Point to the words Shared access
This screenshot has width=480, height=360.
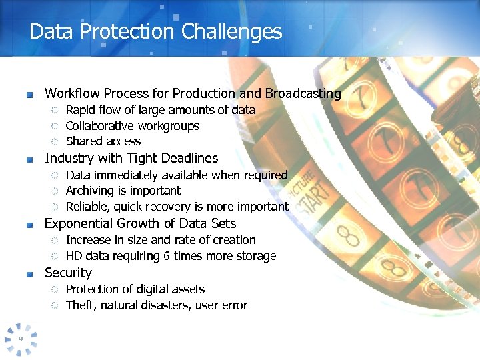tap(103, 141)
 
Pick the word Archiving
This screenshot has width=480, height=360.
tap(90, 191)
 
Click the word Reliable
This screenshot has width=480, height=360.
tap(87, 207)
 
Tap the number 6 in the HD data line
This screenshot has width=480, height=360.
tap(166, 256)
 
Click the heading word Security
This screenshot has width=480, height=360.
tap(68, 273)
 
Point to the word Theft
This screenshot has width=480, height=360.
tap(80, 305)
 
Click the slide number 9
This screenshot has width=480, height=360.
tap(21, 339)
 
